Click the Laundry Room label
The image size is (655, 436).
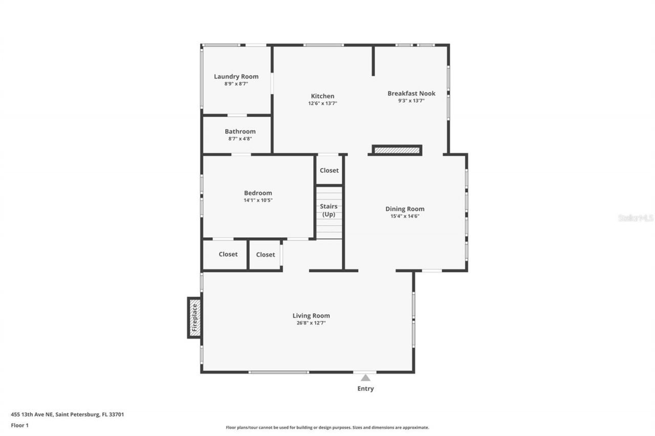236,77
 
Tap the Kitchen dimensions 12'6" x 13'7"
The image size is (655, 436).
322,103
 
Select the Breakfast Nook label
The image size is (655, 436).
411,94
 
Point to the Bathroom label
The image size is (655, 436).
240,131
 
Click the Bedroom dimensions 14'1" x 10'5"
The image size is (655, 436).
258,200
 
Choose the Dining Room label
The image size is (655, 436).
405,209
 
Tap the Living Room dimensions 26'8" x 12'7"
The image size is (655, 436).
311,323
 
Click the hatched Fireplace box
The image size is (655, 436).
194,317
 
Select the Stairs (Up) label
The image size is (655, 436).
329,210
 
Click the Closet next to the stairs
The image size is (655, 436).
329,170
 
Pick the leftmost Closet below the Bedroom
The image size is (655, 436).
228,254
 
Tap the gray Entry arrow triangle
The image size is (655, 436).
365,378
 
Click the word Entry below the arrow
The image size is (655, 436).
365,388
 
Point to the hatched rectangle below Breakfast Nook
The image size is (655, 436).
397,150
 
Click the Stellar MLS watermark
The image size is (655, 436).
636,218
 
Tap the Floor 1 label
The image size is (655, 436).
20,425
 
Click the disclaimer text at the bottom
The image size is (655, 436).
327,427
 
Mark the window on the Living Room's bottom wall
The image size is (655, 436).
279,372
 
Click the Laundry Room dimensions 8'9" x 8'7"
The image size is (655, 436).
236,84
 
